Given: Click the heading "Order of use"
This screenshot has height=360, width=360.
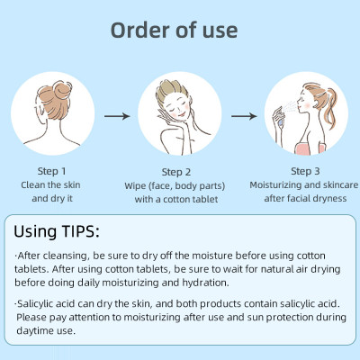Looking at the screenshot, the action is point(174,31).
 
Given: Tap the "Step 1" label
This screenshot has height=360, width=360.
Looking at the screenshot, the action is point(51,171).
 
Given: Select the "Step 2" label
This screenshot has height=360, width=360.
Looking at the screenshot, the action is point(176,172).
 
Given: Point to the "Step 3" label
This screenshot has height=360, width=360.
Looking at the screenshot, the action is point(305,171).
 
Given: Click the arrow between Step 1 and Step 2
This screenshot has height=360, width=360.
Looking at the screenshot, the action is point(117,116).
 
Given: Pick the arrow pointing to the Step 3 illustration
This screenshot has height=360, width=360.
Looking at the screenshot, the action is point(244,116).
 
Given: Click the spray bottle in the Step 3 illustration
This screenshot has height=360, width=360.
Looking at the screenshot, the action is point(278,116).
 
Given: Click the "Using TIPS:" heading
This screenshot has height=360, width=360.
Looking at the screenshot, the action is point(57,231).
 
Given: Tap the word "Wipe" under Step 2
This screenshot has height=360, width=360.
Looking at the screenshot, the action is point(135,186).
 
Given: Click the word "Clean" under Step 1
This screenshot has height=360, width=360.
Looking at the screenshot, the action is point(33,185).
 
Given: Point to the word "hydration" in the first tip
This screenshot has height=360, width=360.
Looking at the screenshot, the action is point(205,283).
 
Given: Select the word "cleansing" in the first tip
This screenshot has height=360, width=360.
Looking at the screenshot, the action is point(66,256).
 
